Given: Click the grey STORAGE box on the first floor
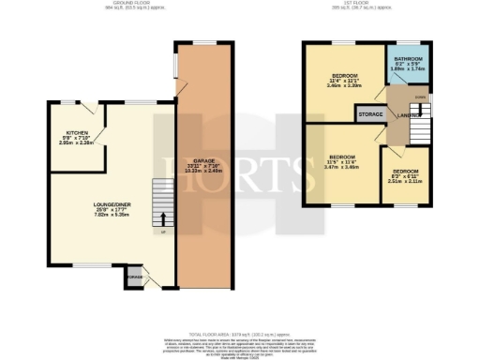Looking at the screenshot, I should tap(369, 114).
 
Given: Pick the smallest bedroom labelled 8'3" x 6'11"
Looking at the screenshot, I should tap(406, 176).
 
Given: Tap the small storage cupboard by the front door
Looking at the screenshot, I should tap(136, 277).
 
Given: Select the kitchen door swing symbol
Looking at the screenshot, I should tap(103, 118).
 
